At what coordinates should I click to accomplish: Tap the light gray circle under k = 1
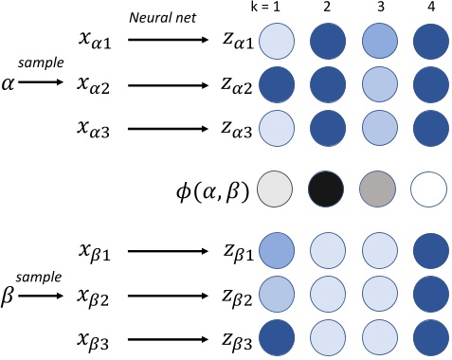pyautogui.click(x=276, y=189)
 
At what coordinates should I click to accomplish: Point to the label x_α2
pyautogui.click(x=96, y=84)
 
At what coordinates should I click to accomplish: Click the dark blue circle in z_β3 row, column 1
pyautogui.click(x=276, y=338)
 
